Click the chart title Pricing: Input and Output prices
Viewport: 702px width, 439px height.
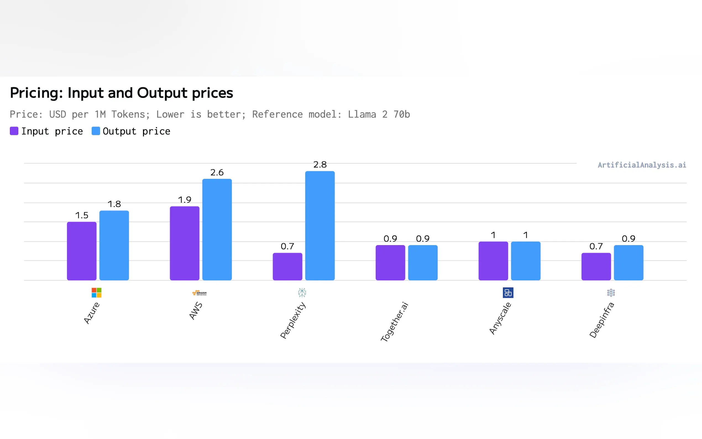point(121,93)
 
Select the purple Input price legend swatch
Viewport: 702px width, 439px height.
point(14,131)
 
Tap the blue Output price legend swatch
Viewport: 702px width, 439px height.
point(95,131)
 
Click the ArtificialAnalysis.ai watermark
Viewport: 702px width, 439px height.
point(642,165)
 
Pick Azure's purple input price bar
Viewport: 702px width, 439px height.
point(82,251)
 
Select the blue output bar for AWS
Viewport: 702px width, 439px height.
point(217,229)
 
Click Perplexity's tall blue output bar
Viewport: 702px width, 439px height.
point(320,226)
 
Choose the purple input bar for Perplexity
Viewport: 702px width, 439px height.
point(287,266)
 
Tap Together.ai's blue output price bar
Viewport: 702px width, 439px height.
point(423,262)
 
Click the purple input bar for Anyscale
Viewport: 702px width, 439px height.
point(493,261)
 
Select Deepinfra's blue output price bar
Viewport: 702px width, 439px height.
point(628,262)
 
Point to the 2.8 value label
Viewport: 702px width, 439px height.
point(320,165)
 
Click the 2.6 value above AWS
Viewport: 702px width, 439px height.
point(217,173)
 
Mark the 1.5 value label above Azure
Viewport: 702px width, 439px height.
point(82,215)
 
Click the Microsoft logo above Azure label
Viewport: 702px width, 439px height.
point(96,293)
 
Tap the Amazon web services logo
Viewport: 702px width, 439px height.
point(199,293)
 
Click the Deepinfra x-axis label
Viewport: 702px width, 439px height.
point(602,320)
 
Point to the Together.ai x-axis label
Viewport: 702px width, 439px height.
point(394,322)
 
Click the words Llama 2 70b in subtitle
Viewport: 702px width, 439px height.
point(379,114)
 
